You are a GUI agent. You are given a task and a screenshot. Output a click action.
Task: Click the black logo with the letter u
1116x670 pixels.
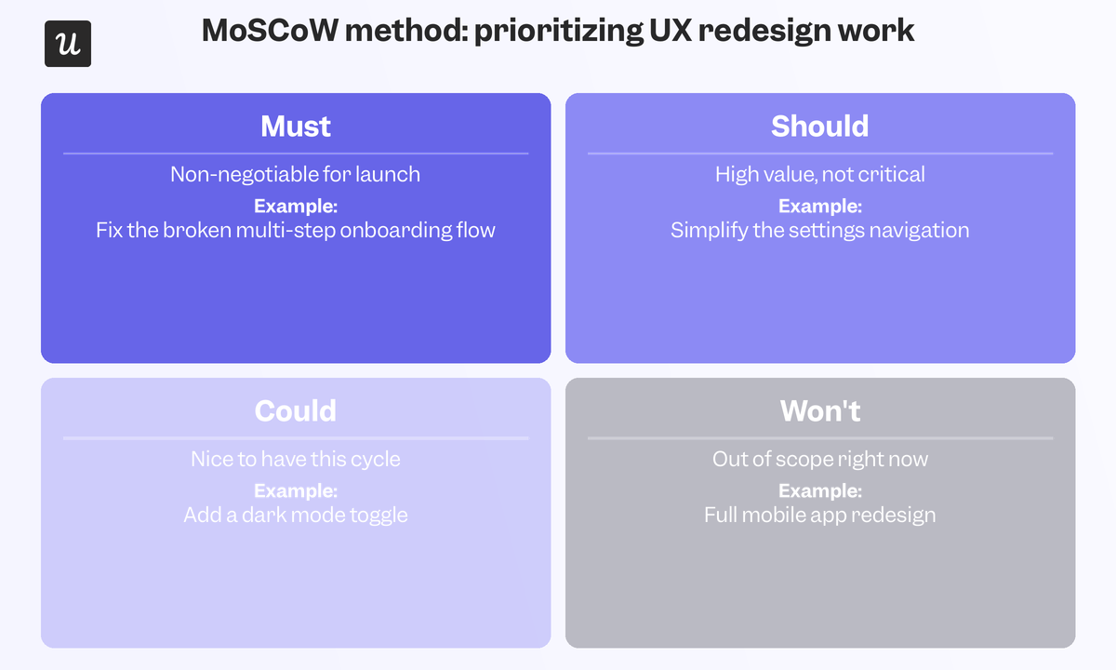68,44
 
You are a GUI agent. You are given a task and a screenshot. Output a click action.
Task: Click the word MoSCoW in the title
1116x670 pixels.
270,31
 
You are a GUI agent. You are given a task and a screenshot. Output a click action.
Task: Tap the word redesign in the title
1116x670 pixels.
764,32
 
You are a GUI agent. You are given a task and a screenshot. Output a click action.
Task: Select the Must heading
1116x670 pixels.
296,127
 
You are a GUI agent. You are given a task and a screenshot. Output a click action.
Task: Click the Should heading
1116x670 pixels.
820,126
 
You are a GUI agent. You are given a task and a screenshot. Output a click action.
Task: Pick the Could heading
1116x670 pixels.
296,410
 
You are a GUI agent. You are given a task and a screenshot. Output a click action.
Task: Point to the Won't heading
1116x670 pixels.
820,410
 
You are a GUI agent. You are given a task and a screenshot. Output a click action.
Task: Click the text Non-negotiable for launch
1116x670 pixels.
296,174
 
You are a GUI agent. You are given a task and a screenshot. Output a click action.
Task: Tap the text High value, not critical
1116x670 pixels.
820,175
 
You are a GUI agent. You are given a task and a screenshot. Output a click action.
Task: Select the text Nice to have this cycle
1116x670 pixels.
296,459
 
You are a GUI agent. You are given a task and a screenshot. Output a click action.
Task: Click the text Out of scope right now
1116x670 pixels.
820,459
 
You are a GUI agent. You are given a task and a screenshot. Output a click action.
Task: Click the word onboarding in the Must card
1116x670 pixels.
396,231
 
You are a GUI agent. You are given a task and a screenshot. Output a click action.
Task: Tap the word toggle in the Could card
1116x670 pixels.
379,516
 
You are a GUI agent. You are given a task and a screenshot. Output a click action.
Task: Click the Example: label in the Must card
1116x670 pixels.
296,206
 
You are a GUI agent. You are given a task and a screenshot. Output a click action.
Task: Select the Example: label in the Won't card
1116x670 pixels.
820,491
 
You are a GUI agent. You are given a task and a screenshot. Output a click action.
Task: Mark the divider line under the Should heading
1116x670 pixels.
820,154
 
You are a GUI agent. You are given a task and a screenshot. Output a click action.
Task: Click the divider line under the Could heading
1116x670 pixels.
296,438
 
